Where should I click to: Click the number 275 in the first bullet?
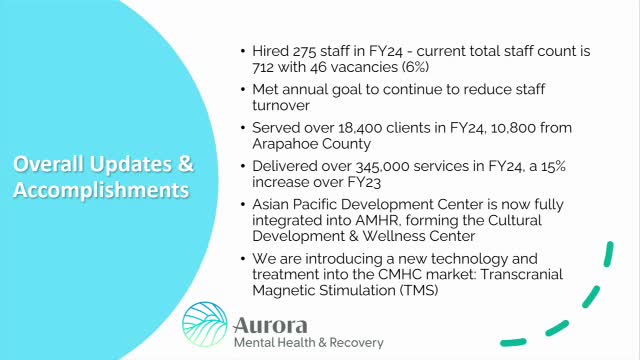coord(297,51)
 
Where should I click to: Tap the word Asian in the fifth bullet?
coord(275,203)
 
